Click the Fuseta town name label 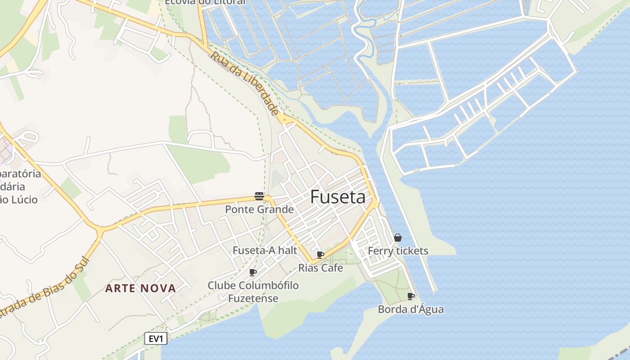[x=337, y=197]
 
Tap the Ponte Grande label [x=259, y=209]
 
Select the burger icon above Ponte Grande [x=259, y=196]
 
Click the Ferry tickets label [x=398, y=251]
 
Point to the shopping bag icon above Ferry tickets [x=398, y=238]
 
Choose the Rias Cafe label [x=320, y=268]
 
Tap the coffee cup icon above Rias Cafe [x=320, y=255]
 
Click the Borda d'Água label [x=410, y=309]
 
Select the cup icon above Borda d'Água [x=410, y=296]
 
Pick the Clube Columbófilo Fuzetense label [x=253, y=292]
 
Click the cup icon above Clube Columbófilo [x=253, y=272]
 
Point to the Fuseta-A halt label [x=265, y=250]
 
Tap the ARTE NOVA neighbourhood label [x=140, y=288]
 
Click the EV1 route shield [x=156, y=338]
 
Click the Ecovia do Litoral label [x=205, y=2]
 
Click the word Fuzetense [x=253, y=298]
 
